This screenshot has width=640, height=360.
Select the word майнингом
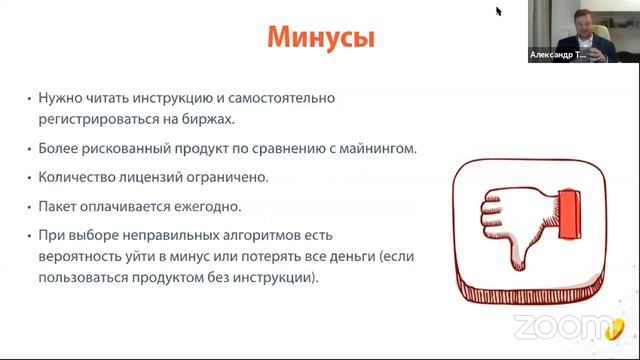pyautogui.click(x=377, y=148)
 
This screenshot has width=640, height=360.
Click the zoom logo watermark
pyautogui.click(x=561, y=325)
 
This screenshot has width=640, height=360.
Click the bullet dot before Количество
pyautogui.click(x=30, y=178)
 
